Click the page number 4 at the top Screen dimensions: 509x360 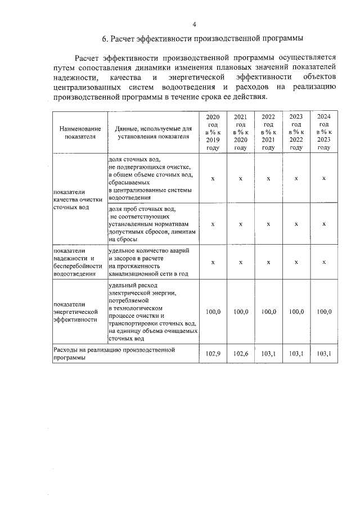click(x=194, y=25)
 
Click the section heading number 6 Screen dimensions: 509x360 click(x=105, y=39)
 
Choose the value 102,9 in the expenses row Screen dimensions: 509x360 click(x=213, y=354)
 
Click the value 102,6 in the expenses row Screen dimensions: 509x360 click(x=240, y=354)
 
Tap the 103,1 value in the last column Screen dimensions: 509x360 click(x=323, y=354)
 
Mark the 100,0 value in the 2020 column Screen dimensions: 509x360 click(x=213, y=312)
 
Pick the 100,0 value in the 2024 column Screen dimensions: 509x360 click(x=323, y=312)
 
